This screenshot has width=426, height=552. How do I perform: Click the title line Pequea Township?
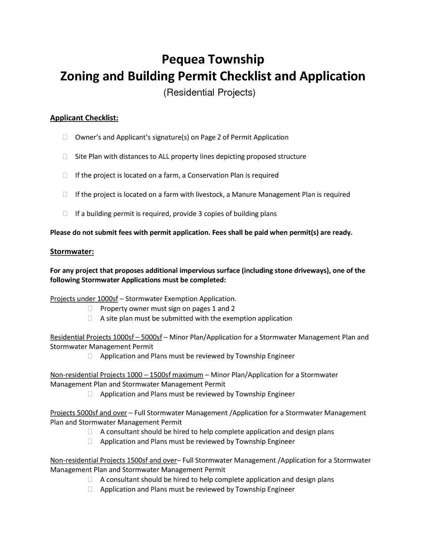pyautogui.click(x=213, y=59)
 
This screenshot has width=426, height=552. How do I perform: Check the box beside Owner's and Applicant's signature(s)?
pyautogui.click(x=65, y=137)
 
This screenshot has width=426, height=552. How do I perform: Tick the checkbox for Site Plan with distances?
pyautogui.click(x=65, y=156)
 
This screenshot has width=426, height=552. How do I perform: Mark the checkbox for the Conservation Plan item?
pyautogui.click(x=65, y=175)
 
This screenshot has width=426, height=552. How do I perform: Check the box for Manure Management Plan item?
pyautogui.click(x=65, y=194)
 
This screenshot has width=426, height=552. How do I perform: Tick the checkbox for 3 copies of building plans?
pyautogui.click(x=65, y=214)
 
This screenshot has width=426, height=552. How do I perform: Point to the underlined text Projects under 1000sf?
pyautogui.click(x=84, y=299)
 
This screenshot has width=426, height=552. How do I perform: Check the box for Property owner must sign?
pyautogui.click(x=90, y=309)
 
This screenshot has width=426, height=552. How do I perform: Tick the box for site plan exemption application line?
pyautogui.click(x=90, y=318)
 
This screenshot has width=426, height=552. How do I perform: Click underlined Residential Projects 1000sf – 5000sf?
pyautogui.click(x=106, y=337)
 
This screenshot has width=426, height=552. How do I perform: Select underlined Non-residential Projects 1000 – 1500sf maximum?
pyautogui.click(x=126, y=375)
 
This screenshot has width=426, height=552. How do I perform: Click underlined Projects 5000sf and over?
pyautogui.click(x=88, y=413)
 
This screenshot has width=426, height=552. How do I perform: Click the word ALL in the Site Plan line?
pyautogui.click(x=163, y=156)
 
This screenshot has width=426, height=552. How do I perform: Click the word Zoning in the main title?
pyautogui.click(x=80, y=76)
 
